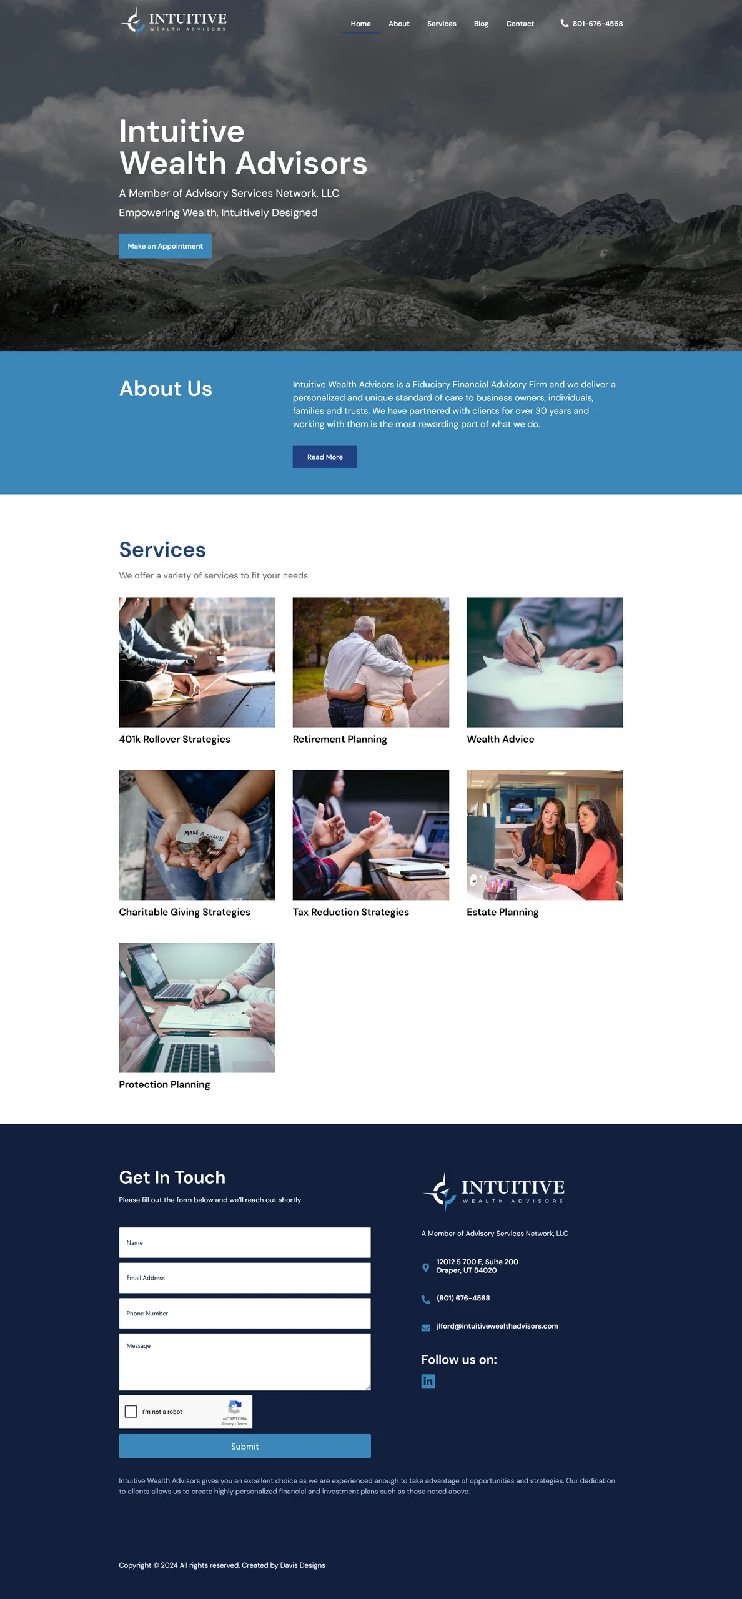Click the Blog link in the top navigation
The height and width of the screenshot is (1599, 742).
[481, 24]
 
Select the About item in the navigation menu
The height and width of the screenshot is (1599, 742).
[399, 24]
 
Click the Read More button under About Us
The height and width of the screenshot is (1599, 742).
[325, 457]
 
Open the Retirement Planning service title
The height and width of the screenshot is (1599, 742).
[340, 739]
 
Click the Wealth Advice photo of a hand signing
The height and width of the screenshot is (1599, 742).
[545, 662]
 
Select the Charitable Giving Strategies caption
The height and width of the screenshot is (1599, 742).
[184, 912]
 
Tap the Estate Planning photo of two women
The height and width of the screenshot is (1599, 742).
[545, 834]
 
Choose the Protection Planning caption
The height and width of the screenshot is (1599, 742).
[164, 1084]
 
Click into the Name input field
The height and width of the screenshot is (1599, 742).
[245, 1242]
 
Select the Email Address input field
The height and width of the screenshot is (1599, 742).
[245, 1278]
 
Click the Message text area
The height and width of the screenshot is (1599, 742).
[245, 1362]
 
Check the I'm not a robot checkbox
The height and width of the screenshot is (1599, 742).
[131, 1412]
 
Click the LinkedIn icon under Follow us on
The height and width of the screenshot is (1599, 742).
[428, 1381]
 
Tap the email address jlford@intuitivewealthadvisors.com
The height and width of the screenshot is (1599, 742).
[497, 1326]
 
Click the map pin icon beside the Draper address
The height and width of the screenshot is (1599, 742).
[426, 1268]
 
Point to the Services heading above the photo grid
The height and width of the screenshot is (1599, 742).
[162, 550]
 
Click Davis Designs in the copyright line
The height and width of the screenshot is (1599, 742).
[302, 1565]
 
